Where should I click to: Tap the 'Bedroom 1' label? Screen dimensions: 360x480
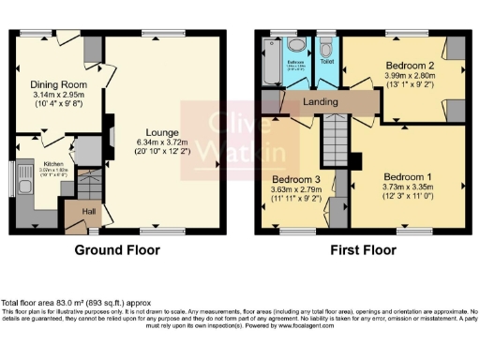pos(410,175)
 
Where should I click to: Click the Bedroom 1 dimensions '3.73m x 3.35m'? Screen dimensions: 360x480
pos(410,187)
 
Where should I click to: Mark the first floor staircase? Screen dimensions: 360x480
pos(335,141)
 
